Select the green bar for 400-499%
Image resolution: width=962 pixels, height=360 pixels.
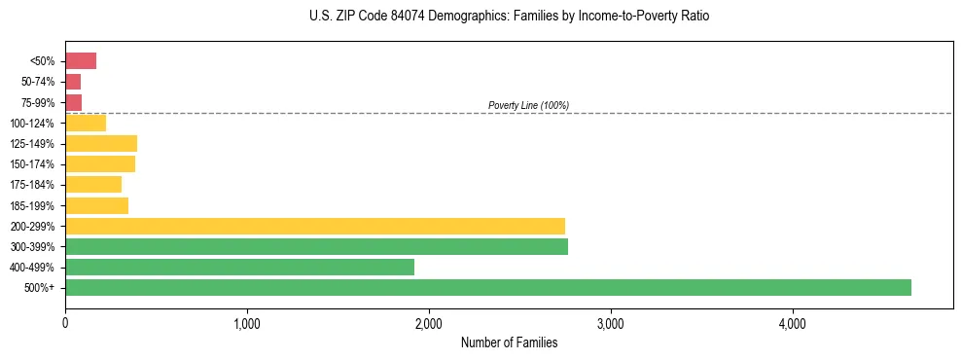coord(239,267)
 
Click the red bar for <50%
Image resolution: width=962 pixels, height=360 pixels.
coord(81,61)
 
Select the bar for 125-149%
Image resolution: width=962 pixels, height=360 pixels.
coord(101,144)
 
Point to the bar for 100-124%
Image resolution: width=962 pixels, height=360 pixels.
coord(86,123)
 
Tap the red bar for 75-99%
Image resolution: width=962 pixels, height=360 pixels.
coord(74,102)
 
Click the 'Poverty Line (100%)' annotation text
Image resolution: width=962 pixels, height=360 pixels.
coord(528,105)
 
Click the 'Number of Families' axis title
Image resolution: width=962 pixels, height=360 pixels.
coord(509,342)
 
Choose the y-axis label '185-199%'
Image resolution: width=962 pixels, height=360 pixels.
coord(33,205)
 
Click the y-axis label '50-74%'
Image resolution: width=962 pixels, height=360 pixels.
coord(38,82)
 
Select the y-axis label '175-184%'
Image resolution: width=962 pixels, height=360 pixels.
coord(33,185)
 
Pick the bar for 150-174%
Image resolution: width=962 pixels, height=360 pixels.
coord(100,164)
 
